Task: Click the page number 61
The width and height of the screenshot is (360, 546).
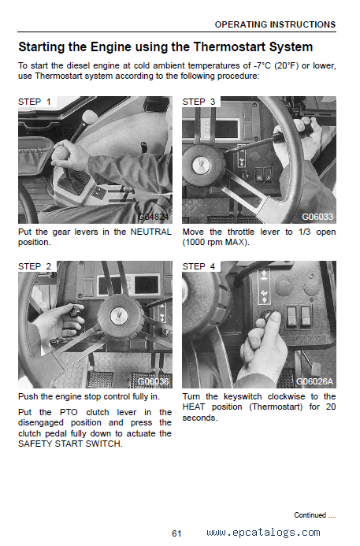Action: coord(176,533)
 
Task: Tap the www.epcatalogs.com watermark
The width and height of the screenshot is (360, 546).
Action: coord(263,533)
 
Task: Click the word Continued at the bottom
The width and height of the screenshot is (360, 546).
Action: coord(310,515)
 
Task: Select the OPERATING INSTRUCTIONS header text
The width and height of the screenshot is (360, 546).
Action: coord(275,24)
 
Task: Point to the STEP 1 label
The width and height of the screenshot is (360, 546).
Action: coord(35,102)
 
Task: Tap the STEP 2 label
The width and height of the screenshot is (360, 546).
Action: coord(35,266)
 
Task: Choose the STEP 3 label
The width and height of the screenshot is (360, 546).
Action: coord(199,102)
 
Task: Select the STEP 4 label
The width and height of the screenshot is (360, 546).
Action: coord(199,266)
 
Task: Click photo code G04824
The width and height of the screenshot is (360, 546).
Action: coord(154,217)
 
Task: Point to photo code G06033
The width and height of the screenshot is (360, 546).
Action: coord(317,217)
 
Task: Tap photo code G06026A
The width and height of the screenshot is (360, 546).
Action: coord(314,381)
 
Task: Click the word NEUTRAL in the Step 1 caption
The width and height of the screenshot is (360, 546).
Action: coord(150,232)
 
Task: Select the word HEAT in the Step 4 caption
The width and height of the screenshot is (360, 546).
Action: coord(194,407)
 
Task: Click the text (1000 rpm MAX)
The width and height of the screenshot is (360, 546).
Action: coord(216,242)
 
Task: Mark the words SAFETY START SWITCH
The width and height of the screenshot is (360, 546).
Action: coord(70,444)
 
